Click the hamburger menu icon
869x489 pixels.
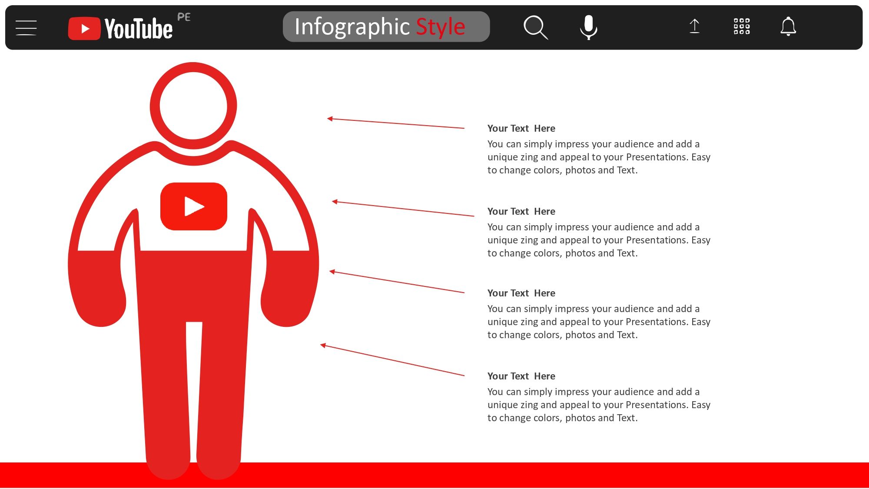point(26,27)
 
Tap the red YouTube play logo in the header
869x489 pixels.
point(84,29)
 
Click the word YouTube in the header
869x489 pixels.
point(139,29)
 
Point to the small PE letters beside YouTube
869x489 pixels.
point(184,17)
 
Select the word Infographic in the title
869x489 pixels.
point(352,27)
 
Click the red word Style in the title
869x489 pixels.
point(441,27)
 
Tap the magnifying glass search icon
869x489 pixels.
point(535,27)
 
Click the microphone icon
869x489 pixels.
point(589,27)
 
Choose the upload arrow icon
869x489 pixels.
point(694,26)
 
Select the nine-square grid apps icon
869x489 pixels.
point(742,26)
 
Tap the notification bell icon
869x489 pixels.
point(788,27)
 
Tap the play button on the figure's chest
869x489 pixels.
point(194,206)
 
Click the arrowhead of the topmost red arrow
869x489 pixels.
point(330,119)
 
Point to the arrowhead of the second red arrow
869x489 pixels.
point(335,202)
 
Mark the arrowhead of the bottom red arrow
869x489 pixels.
point(323,346)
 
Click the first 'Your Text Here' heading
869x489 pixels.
point(521,128)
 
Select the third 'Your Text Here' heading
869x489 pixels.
point(521,293)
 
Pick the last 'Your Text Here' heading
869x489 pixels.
point(521,376)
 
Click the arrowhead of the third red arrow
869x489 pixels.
point(332,272)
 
